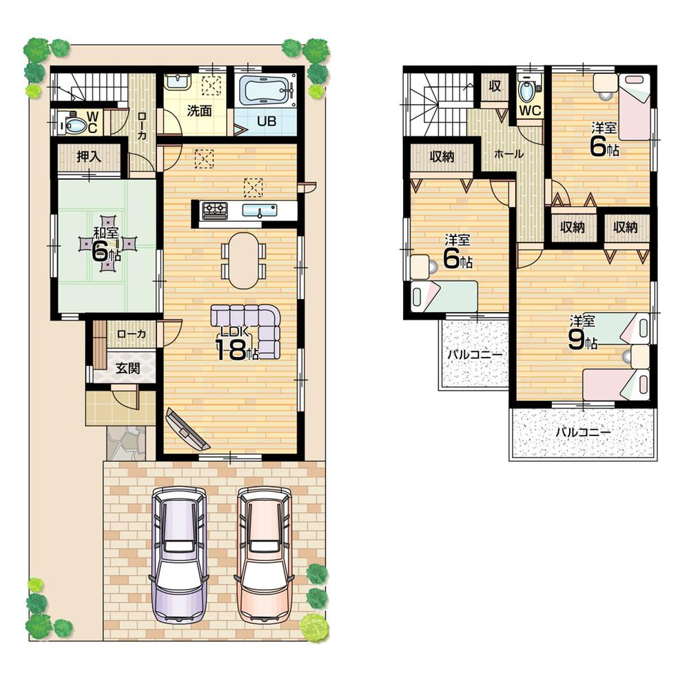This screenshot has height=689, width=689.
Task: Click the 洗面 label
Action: click(x=199, y=110)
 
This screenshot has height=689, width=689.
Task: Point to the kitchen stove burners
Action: click(x=215, y=210)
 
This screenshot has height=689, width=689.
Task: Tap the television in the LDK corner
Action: click(x=187, y=429)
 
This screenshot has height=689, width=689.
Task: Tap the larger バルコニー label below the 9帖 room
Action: click(x=583, y=433)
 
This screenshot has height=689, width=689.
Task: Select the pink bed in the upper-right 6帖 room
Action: click(x=635, y=107)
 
